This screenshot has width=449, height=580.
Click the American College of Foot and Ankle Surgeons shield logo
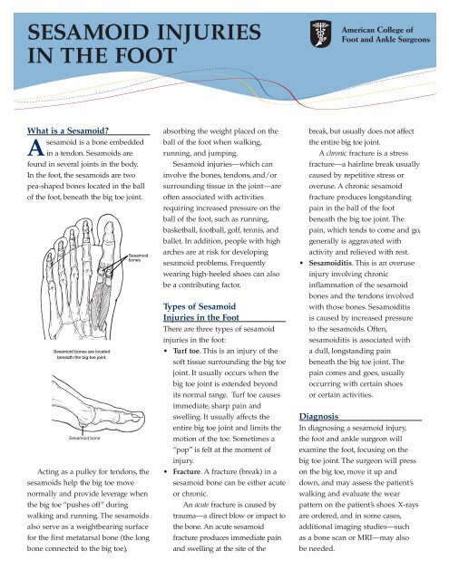320,34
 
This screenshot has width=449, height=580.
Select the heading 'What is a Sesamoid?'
68,130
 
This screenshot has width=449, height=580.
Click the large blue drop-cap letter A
35,148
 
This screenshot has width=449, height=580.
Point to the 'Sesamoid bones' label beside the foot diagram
138,257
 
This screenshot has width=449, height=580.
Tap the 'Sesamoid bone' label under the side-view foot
84,438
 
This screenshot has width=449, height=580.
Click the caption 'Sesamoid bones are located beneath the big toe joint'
82,354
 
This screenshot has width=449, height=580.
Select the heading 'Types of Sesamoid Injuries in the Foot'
201,312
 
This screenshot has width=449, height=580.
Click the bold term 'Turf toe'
186,351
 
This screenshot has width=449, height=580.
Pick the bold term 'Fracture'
187,471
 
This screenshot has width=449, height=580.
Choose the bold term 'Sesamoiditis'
330,263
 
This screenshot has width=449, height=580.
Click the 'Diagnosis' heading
318,417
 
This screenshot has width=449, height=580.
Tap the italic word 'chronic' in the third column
337,153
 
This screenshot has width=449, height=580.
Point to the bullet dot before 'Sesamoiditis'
302,264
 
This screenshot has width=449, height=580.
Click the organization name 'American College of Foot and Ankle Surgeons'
386,34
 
